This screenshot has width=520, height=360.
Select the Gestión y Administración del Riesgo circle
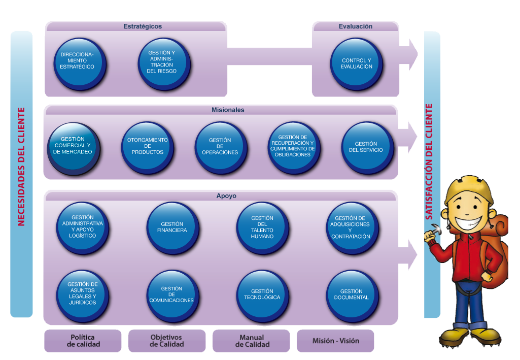[x=164, y=63]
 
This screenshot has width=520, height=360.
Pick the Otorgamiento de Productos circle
[x=147, y=147]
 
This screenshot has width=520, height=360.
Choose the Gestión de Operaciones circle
[x=220, y=147]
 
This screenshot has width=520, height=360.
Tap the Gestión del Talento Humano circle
[x=262, y=227]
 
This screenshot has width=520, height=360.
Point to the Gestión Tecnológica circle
[x=262, y=294]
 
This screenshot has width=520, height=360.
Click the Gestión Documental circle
[x=352, y=294]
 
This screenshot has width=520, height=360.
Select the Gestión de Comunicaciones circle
[x=172, y=294]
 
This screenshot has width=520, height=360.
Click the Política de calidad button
[x=83, y=341]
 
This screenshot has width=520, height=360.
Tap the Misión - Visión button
[x=335, y=341]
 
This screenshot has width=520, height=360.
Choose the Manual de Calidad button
[x=251, y=341]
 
